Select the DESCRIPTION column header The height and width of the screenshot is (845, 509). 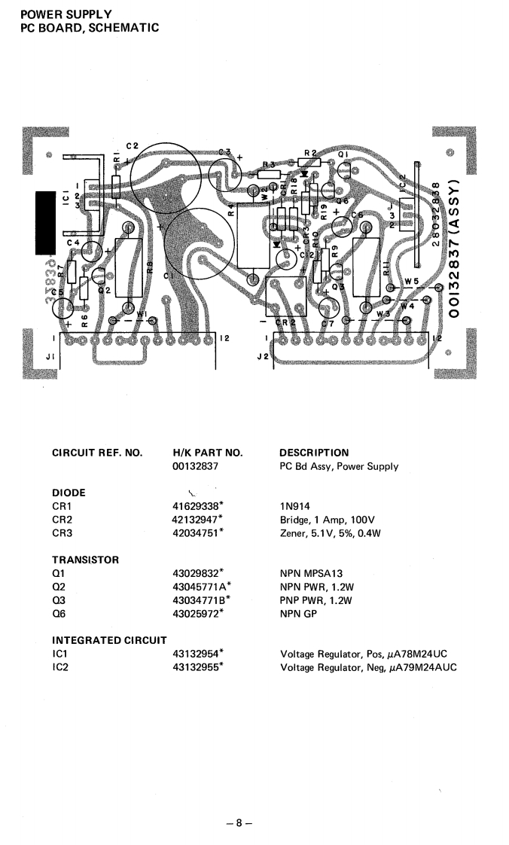(x=314, y=453)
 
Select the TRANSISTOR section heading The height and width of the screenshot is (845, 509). (x=87, y=560)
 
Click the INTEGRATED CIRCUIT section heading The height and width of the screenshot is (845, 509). (x=108, y=641)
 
